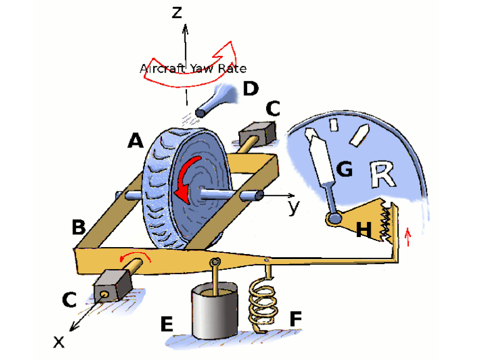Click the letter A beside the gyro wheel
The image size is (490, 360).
pos(135,142)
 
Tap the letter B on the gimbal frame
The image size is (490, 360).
pos(78,226)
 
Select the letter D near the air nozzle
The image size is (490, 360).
pos(250,88)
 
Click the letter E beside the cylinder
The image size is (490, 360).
pos(166,324)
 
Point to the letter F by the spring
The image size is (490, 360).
pos(295,319)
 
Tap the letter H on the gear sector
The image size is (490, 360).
pos(364,230)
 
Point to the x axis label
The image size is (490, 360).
pos(58,341)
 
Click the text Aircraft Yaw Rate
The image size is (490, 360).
pos(193,68)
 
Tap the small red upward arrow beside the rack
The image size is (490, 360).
pos(408,236)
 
